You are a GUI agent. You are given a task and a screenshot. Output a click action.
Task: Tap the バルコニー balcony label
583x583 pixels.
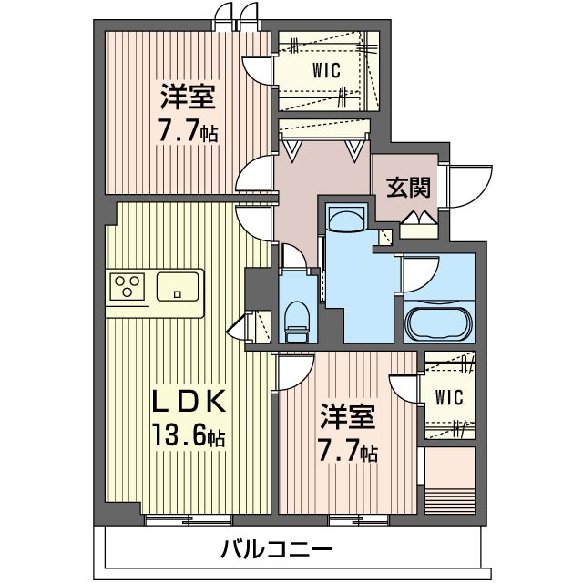[x=276, y=550]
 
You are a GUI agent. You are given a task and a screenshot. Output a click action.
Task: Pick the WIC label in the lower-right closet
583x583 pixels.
[x=449, y=397]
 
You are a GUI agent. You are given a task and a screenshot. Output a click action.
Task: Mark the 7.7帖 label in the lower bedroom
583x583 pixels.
[x=349, y=450]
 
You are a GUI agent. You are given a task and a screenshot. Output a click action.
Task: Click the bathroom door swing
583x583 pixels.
[x=421, y=273]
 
